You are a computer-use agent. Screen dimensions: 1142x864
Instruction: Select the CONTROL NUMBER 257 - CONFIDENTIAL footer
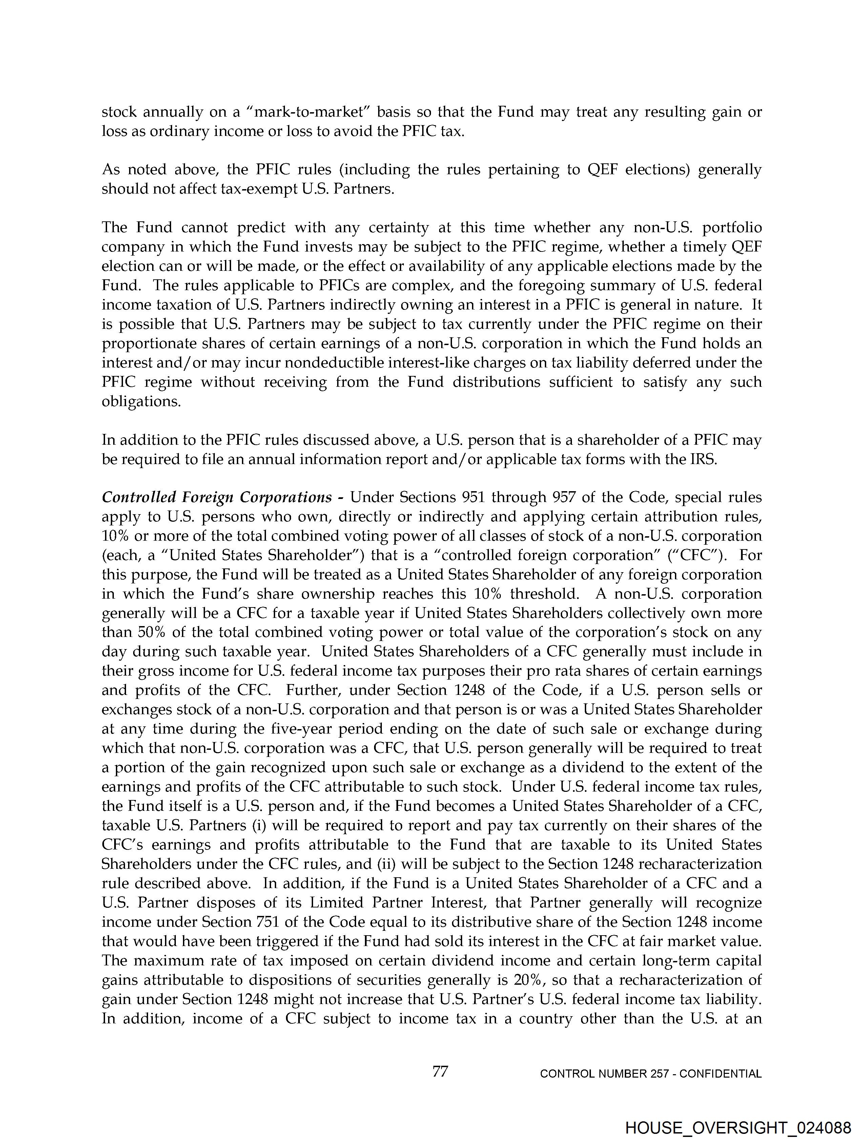[x=650, y=1074]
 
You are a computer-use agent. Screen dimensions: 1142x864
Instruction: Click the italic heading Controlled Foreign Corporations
[x=217, y=497]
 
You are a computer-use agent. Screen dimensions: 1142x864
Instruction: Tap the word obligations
[x=141, y=401]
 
